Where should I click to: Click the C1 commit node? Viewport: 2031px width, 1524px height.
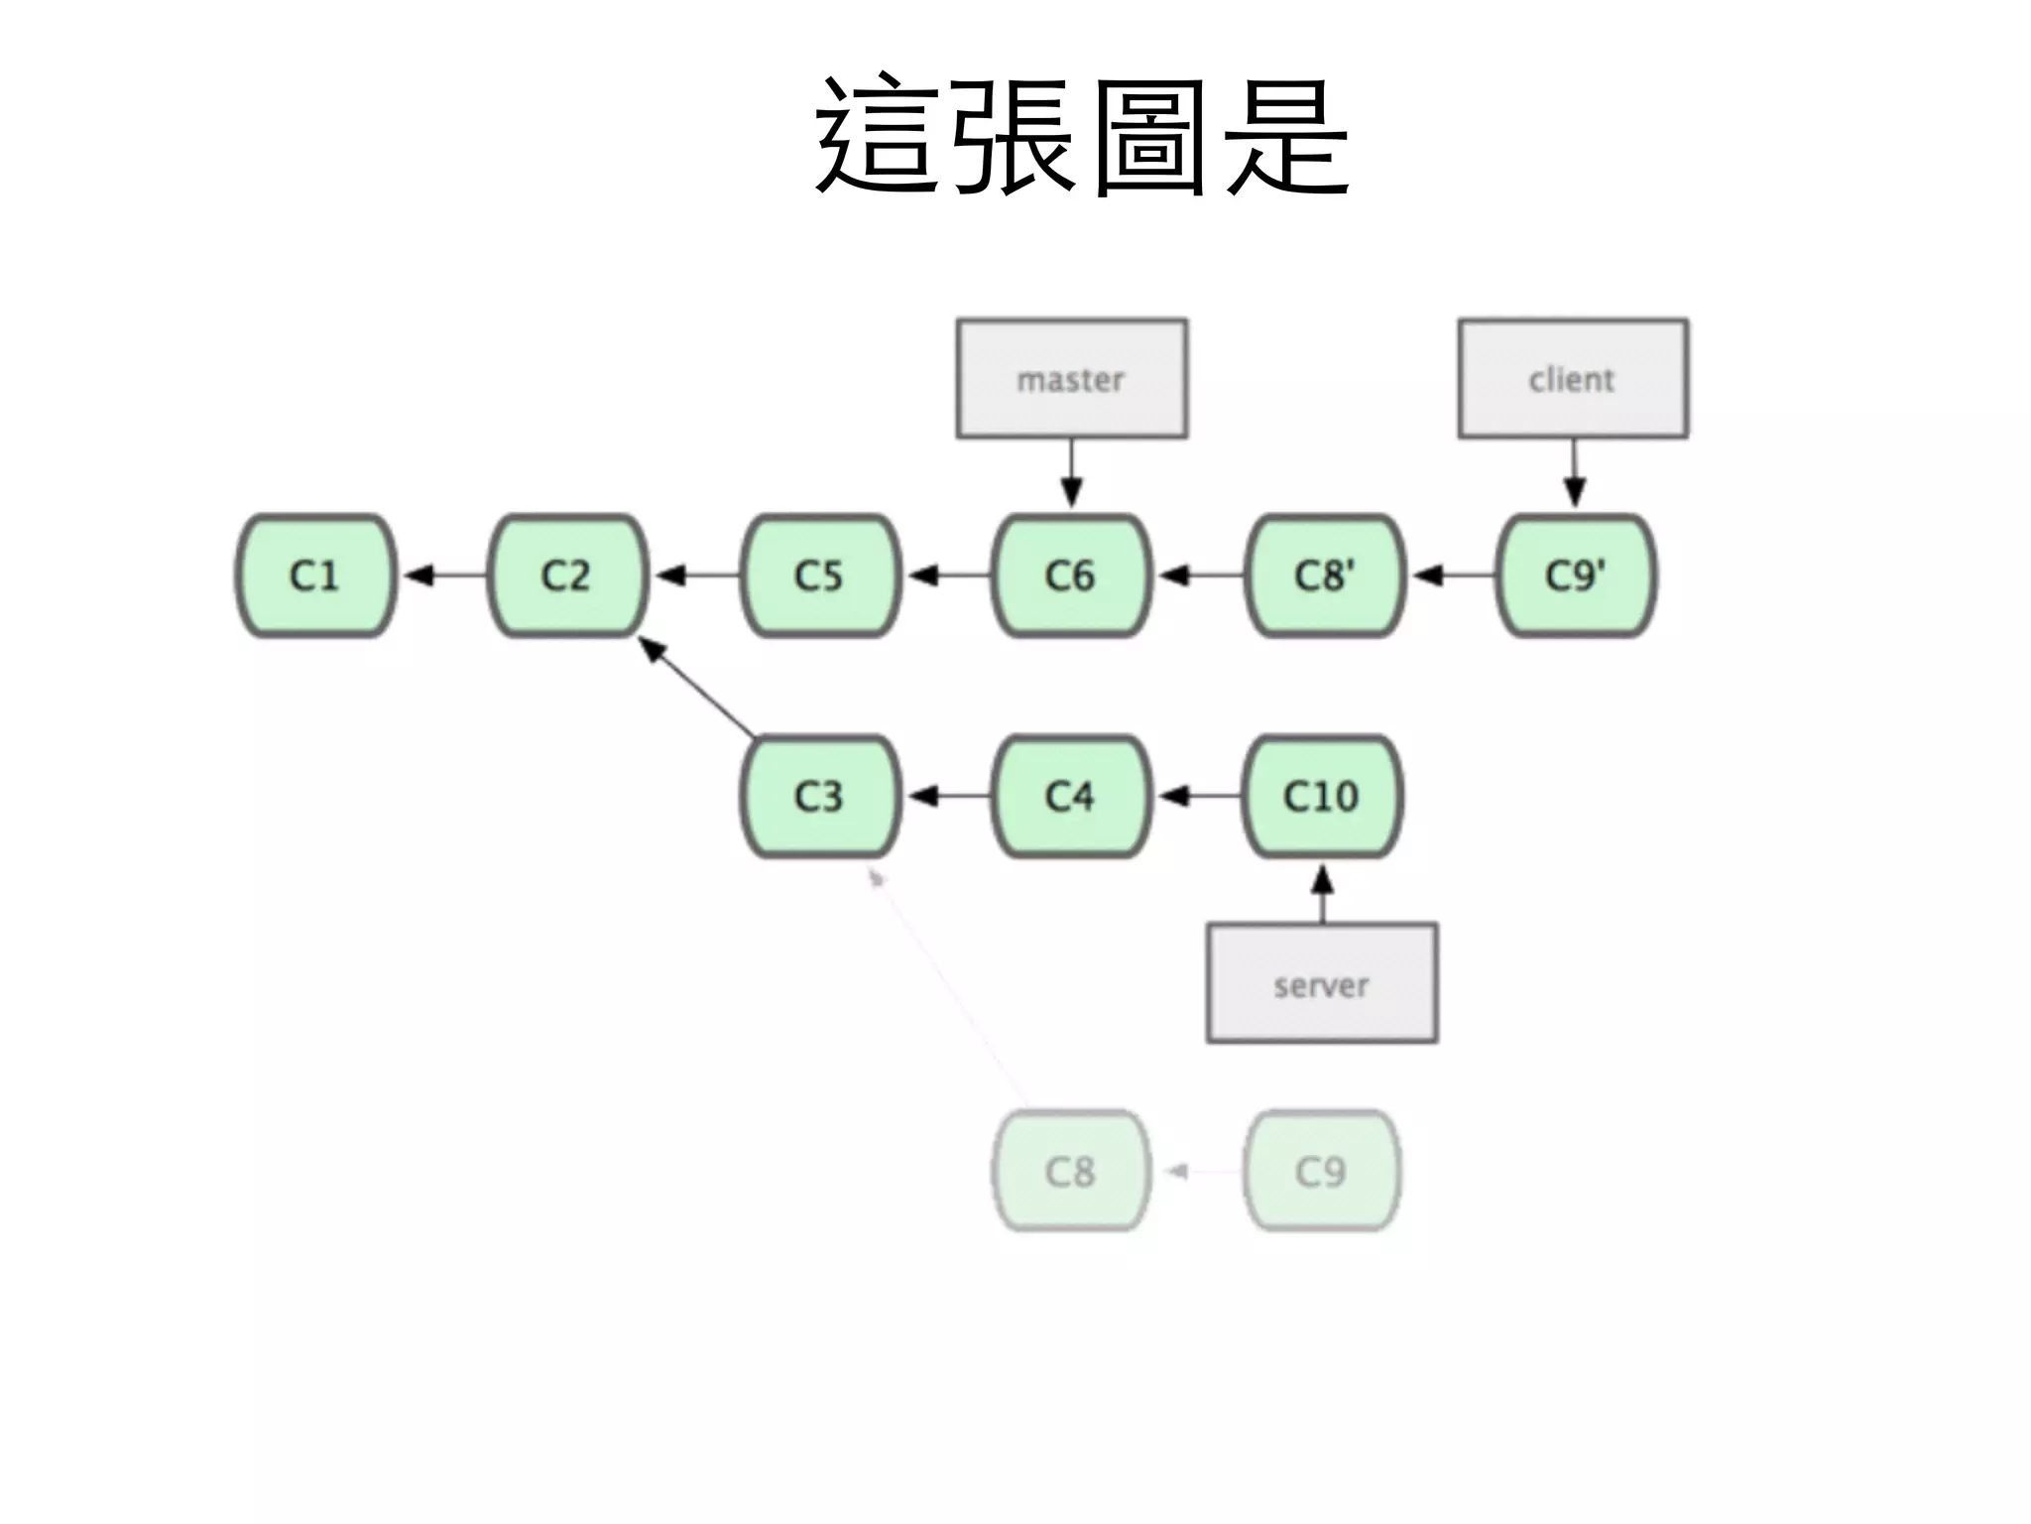[315, 575]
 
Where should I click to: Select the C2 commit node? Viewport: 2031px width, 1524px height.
[567, 575]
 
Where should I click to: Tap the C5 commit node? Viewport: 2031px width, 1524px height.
[819, 575]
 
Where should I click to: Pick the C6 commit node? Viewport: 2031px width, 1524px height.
[1071, 575]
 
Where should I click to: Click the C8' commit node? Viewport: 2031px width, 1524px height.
[1324, 575]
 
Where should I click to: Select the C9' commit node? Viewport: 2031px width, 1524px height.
[1575, 575]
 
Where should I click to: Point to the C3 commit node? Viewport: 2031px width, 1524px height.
[819, 797]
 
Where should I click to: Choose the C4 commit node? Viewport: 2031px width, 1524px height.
[1071, 797]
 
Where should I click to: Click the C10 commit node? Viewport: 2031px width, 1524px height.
[1322, 797]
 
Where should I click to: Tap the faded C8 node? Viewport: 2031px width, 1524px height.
[1071, 1172]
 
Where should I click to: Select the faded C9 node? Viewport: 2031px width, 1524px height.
[1322, 1172]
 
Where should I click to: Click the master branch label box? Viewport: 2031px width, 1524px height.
[1071, 379]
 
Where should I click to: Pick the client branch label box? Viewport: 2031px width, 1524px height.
[1573, 379]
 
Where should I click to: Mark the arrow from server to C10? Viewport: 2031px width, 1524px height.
[1322, 893]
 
